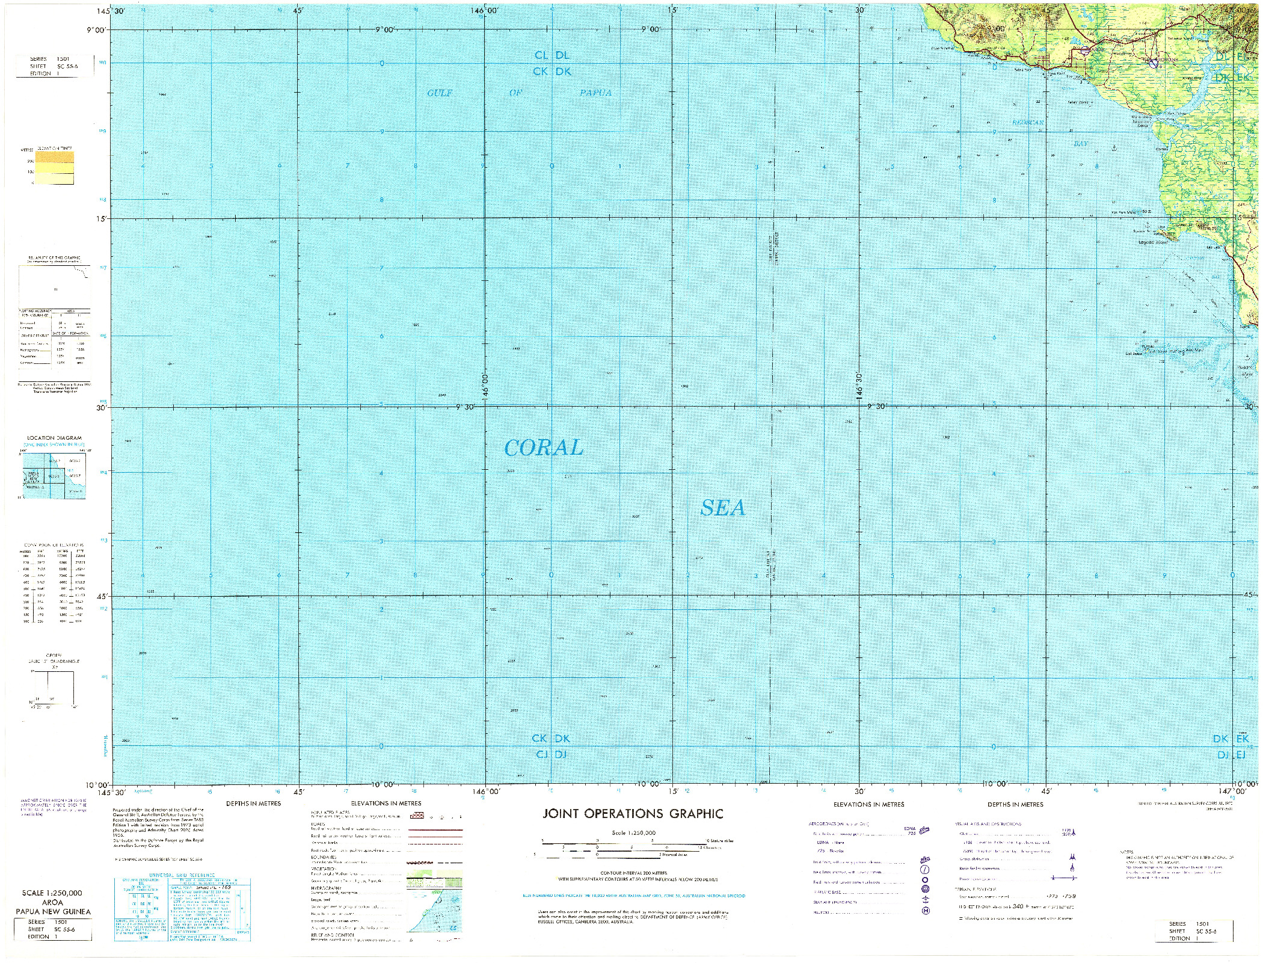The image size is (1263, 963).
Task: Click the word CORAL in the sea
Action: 543,448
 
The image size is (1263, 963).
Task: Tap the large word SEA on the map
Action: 722,508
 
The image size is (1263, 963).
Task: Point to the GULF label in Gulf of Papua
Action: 439,93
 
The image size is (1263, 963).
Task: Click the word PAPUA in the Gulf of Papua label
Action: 595,93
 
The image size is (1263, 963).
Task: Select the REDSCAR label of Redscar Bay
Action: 1027,123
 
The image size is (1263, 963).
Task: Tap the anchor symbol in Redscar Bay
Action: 1112,148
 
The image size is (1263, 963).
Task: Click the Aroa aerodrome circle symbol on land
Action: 1084,52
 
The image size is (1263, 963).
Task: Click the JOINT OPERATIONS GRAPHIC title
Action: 633,814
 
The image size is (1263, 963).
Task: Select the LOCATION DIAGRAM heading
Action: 54,438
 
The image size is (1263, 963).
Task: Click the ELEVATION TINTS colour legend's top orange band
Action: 54,158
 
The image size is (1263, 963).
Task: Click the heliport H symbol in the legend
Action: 926,911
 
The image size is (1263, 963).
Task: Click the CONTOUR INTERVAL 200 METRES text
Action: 633,873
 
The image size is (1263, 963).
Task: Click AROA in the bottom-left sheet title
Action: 53,902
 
